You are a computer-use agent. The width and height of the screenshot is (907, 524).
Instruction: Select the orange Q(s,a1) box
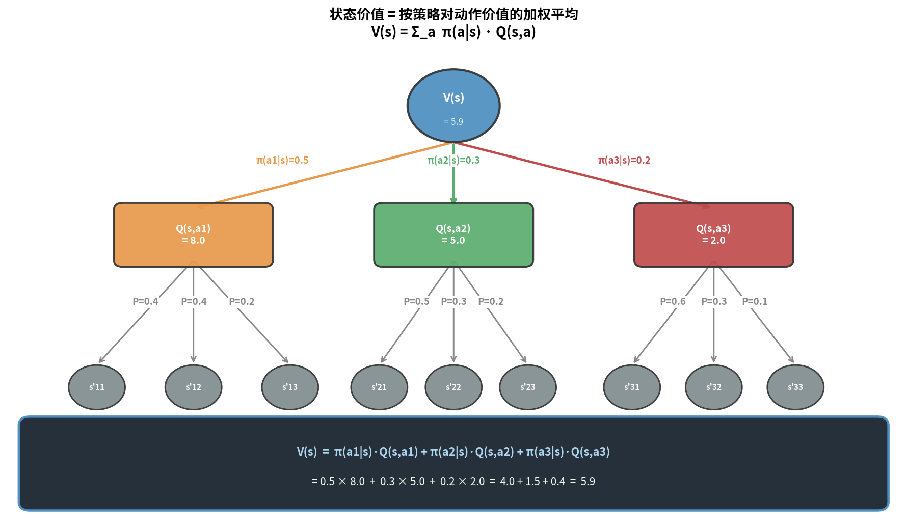[193, 234]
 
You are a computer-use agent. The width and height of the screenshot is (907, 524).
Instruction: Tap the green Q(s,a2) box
[453, 234]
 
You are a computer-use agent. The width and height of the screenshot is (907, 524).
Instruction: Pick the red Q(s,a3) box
[713, 234]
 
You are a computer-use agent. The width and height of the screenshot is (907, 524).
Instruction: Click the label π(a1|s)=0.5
[282, 160]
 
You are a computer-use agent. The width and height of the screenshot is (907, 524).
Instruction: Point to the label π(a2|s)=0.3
[453, 160]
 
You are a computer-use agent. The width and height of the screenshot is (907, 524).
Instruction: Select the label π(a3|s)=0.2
[624, 160]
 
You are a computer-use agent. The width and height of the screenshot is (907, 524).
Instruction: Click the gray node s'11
[97, 387]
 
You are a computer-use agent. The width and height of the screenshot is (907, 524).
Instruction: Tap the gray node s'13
[290, 387]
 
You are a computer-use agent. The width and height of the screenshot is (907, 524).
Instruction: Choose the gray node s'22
[453, 387]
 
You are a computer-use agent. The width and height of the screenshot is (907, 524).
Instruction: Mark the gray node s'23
[528, 387]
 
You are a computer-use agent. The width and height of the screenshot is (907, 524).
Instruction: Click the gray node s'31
[632, 387]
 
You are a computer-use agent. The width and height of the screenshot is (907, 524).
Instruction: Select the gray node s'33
[795, 387]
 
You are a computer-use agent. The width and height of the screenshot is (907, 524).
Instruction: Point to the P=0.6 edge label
[673, 301]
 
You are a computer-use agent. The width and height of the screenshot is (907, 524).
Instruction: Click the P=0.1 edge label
[755, 301]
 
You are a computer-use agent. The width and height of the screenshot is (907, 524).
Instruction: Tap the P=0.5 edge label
[416, 301]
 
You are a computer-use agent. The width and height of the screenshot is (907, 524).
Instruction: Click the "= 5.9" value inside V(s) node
[453, 122]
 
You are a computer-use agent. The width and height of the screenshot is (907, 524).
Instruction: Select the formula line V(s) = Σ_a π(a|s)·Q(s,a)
[453, 32]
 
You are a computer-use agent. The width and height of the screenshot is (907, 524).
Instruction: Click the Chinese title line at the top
[453, 14]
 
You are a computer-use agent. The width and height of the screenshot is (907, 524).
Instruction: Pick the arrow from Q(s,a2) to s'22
[453, 331]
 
